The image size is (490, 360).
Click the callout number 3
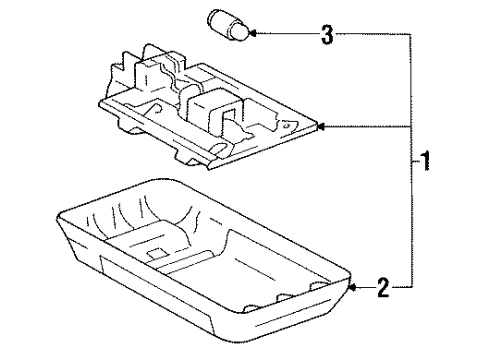pyautogui.click(x=327, y=34)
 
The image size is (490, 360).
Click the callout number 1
pyautogui.click(x=425, y=161)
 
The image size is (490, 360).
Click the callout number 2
pyautogui.click(x=383, y=287)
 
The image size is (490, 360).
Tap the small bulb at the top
pyautogui.click(x=228, y=25)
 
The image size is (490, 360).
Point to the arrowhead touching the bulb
pyautogui.click(x=252, y=33)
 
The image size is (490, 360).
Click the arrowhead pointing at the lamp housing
pyautogui.click(x=321, y=127)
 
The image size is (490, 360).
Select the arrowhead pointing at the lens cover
pyautogui.click(x=352, y=287)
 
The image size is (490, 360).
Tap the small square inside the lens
pyautogui.click(x=158, y=253)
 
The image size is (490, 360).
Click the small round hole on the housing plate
pyautogui.click(x=285, y=126)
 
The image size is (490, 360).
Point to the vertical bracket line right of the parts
pyautogui.click(x=412, y=160)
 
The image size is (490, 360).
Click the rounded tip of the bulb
pyautogui.click(x=242, y=32)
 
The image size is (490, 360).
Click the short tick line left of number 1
pyautogui.click(x=416, y=162)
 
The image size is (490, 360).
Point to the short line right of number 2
pyautogui.click(x=402, y=287)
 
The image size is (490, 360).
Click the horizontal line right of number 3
pyautogui.click(x=373, y=34)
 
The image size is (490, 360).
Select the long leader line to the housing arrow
pyautogui.click(x=367, y=127)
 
